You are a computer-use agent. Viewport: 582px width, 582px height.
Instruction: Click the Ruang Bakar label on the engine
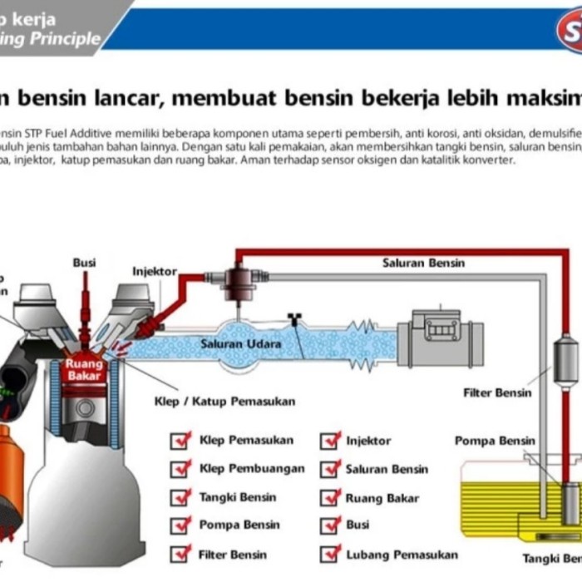point(84,370)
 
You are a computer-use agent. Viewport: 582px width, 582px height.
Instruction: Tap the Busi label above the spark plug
point(84,263)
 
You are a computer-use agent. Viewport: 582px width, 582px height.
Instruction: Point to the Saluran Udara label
point(241,343)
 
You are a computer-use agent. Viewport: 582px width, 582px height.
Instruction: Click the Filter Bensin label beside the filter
point(496,392)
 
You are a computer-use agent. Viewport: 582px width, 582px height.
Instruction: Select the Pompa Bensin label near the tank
point(495,441)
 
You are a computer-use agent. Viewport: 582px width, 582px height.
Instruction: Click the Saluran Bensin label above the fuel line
point(423,263)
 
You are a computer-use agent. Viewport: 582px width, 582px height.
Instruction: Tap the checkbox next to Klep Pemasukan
point(180,441)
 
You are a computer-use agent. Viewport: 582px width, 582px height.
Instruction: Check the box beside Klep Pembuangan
point(180,469)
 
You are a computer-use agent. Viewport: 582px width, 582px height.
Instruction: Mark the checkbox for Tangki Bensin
point(180,497)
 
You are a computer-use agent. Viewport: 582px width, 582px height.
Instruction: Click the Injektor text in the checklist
point(368,441)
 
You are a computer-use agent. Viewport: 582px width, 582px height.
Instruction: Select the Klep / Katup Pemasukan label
point(224,402)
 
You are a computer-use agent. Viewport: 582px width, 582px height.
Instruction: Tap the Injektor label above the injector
point(155,271)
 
